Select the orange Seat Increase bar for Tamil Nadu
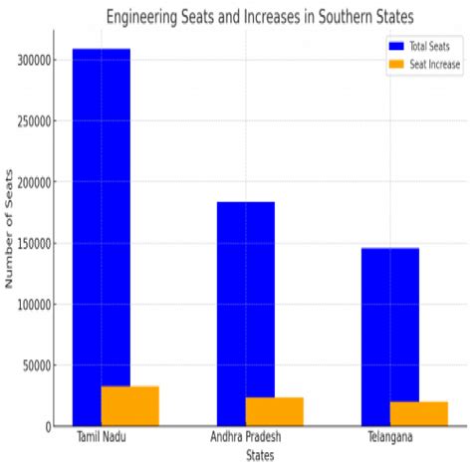[x=130, y=406]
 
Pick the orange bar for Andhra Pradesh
[x=275, y=411]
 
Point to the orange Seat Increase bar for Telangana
[x=419, y=413]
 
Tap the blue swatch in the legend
[x=396, y=46]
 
